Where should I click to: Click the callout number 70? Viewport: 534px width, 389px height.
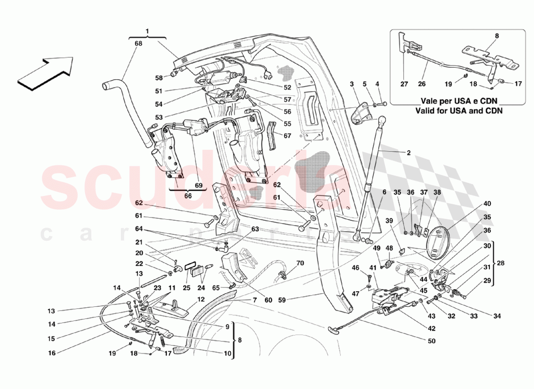tap(300, 264)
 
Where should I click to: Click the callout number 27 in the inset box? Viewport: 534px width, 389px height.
tap(404, 83)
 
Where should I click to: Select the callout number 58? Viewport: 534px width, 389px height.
tap(159, 78)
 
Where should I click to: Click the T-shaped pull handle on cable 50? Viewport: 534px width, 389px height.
tap(335, 330)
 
